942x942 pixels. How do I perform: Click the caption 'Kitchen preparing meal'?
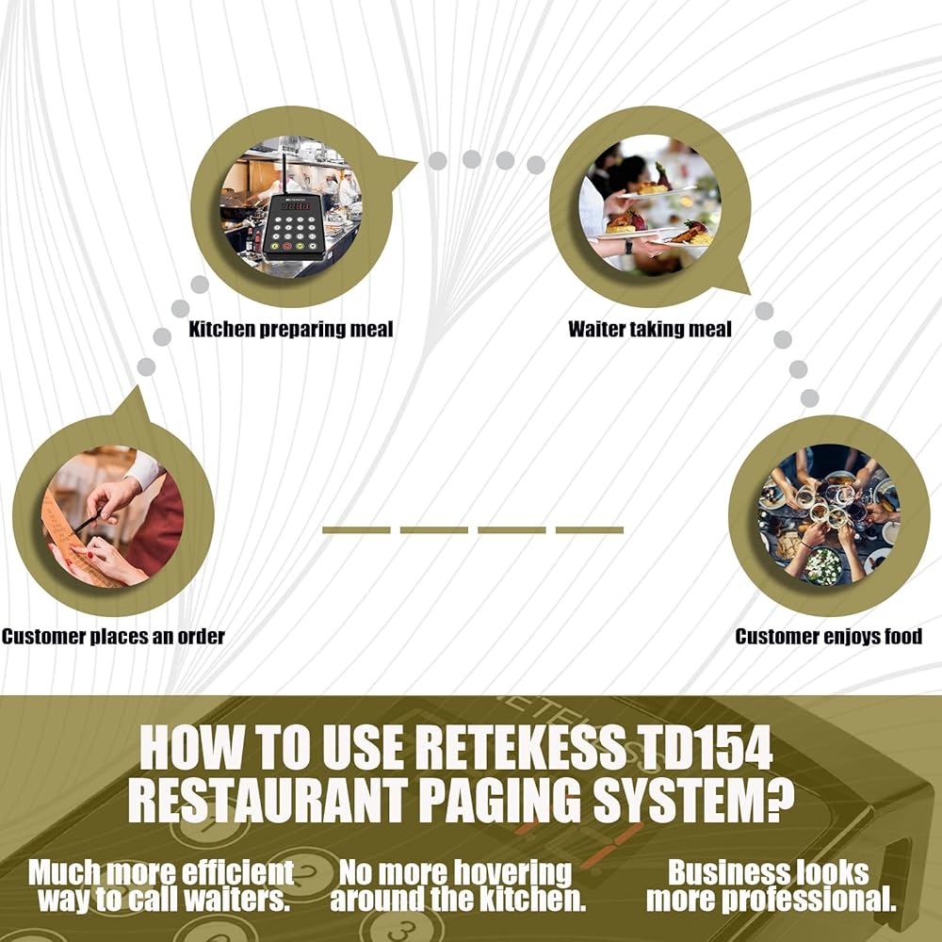291,329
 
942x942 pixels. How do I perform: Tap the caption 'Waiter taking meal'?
650,329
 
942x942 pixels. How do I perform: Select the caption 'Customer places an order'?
113,637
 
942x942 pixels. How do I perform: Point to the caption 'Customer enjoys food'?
828,637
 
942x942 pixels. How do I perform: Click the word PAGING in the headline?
499,800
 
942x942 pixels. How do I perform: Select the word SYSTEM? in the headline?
693,800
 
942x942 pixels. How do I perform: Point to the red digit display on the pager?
296,206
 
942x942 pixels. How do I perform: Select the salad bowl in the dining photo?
823,565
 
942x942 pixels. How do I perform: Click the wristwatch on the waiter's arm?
627,246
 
